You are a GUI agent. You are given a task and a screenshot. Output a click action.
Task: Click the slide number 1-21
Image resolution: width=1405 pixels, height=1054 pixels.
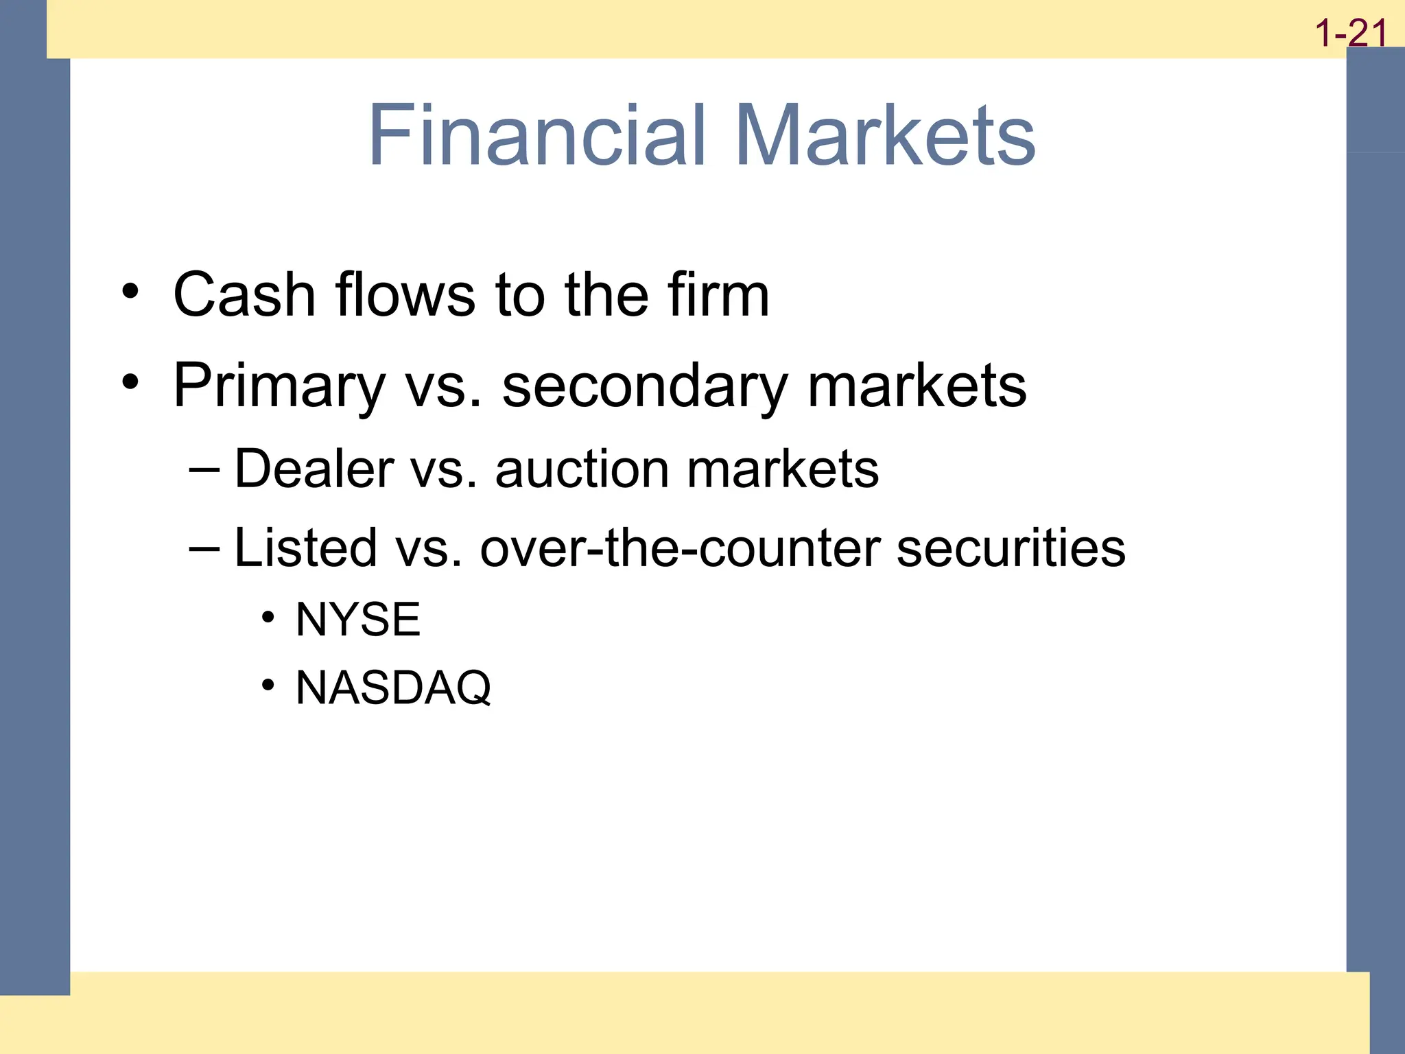1350,33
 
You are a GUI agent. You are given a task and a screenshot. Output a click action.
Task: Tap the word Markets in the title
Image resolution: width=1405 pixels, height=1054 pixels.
885,134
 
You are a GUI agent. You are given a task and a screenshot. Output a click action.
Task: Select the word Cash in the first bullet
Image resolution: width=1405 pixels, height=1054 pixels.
244,294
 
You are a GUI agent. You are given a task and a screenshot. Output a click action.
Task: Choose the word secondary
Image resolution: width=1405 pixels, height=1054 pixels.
645,386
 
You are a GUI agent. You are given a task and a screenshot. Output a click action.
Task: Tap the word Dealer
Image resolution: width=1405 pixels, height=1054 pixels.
314,469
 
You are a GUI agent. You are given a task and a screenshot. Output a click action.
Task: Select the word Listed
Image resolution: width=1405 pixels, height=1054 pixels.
305,548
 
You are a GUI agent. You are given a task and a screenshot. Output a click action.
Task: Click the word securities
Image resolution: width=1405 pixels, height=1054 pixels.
1011,548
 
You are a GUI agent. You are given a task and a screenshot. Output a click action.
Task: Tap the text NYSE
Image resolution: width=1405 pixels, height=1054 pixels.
357,620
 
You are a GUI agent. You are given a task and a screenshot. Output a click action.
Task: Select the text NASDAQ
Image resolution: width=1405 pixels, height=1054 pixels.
393,688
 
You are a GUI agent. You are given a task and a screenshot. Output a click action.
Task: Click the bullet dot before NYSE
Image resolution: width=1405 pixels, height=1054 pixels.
268,618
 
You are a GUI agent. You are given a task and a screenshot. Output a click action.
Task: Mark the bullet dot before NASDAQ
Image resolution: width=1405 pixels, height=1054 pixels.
268,685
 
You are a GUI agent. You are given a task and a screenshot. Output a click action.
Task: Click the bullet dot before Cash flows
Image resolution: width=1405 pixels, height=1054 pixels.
130,292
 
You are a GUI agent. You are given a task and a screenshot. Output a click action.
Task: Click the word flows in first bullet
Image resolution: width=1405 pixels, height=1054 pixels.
405,294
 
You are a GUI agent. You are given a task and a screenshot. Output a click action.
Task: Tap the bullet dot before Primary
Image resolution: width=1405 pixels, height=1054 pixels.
130,382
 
